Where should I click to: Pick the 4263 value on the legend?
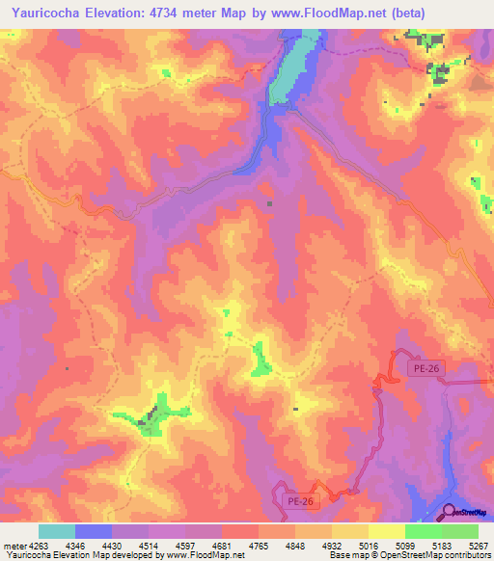click(40, 546)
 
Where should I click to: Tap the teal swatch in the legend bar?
click(57, 531)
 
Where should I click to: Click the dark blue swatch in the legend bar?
click(94, 531)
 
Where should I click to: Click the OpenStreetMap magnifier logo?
click(450, 513)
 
